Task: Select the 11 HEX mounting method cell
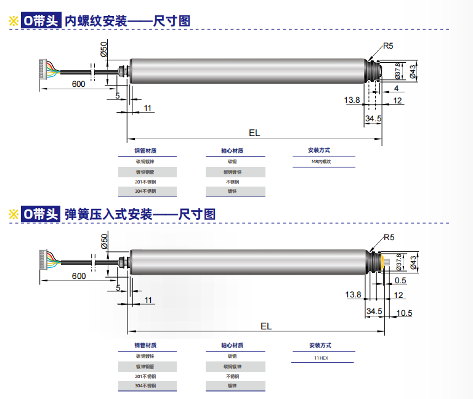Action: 321,357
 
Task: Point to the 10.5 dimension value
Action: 404,313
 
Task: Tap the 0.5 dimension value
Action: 400,281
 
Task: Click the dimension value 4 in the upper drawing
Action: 396,89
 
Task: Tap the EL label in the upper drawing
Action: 254,132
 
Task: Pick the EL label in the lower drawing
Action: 266,326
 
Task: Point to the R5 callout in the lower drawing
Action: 388,238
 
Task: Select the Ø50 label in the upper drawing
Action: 103,49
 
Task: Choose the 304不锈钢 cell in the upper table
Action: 146,191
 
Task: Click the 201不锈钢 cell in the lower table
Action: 146,376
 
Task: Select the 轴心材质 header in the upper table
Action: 232,151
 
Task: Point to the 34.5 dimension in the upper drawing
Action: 373,118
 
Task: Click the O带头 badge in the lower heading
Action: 40,214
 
